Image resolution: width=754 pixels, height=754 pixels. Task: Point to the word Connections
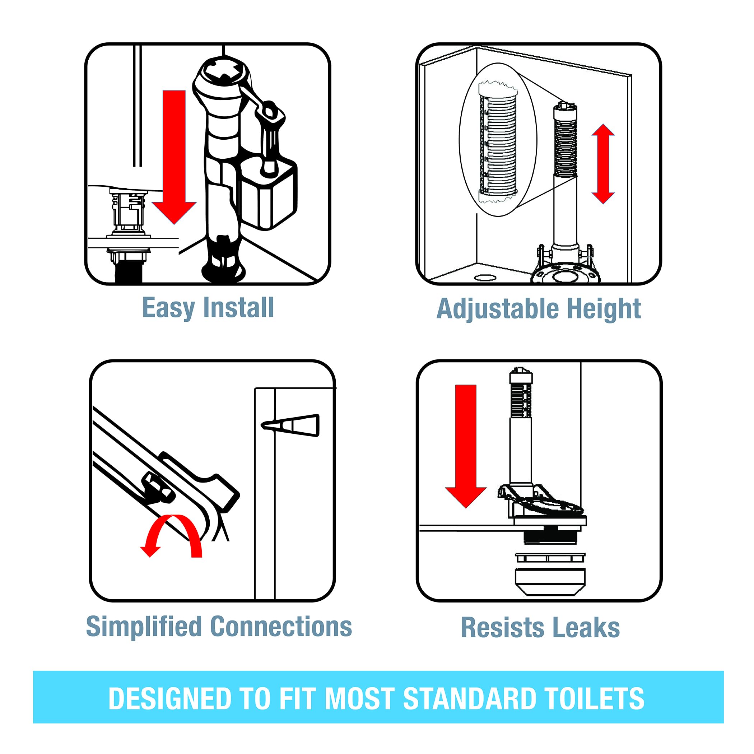coord(281,627)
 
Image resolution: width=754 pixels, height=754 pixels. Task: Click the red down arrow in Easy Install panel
coord(174,156)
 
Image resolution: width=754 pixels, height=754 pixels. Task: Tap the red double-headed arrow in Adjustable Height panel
coord(603,164)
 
